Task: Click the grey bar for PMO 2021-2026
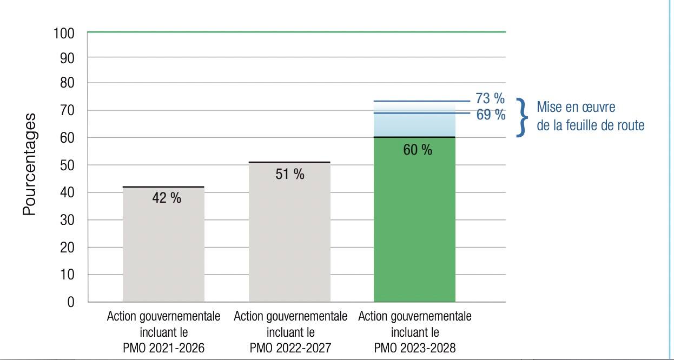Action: [x=163, y=249]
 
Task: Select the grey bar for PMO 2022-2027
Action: [x=289, y=238]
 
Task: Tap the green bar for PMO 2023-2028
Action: [x=414, y=227]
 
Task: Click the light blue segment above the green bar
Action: [x=414, y=125]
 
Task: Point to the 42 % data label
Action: [x=167, y=198]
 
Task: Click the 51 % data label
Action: [x=290, y=174]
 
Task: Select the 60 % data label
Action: [x=418, y=150]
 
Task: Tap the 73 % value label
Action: [x=490, y=98]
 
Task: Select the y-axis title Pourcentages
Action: [x=30, y=165]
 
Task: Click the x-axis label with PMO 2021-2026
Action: [x=163, y=332]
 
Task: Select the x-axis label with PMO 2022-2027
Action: [x=290, y=332]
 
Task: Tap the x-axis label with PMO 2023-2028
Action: [x=414, y=332]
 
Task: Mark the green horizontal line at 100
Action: [x=296, y=32]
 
